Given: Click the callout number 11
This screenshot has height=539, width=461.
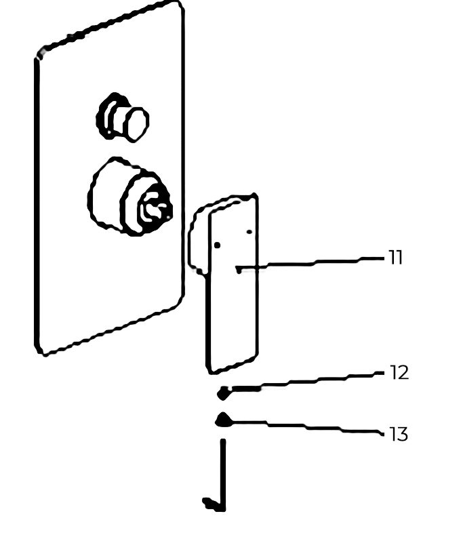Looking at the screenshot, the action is pos(395,258).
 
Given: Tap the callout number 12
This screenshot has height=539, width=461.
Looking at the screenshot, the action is pos(399,373).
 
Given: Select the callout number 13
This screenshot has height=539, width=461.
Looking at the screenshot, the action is pos(399,434).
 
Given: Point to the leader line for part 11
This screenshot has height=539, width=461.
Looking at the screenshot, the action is pos(309,264).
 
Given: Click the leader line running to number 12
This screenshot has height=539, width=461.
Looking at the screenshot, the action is pos(306,381).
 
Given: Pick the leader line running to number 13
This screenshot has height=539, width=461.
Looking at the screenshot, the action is pos(306,427).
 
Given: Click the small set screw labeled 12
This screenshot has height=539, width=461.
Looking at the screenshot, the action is pos(223,393).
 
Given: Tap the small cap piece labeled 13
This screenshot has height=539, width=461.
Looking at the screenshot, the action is pos(223,420).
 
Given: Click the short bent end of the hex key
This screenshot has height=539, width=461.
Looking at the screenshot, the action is pos(212,504).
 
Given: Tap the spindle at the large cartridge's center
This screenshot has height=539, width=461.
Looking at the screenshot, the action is pos(155,206).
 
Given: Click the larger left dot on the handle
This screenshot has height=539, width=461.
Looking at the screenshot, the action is pos(217,245).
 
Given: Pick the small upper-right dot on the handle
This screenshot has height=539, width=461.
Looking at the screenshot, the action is pos(249,232).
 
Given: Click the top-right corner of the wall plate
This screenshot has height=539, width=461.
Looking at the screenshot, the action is pos(180,4).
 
